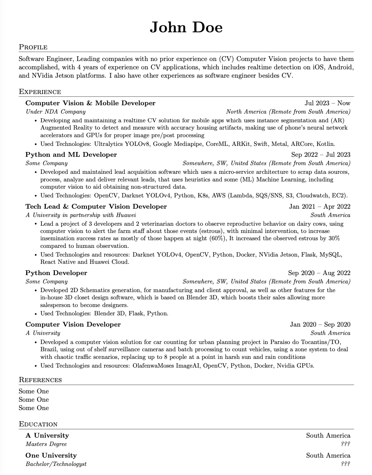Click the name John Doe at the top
pyautogui.click(x=186, y=28)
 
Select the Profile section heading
pyautogui.click(x=33, y=47)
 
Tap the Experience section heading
pyautogui.click(x=40, y=92)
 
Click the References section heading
pyautogui.click(x=40, y=380)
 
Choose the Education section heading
pyautogui.click(x=38, y=424)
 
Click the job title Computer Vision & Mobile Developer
pyautogui.click(x=90, y=103)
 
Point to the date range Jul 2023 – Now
pyautogui.click(x=327, y=103)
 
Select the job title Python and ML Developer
pyautogui.click(x=71, y=155)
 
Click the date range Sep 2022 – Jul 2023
pyautogui.click(x=321, y=155)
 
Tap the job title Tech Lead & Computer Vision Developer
pyautogui.click(x=96, y=206)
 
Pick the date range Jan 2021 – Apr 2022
pyautogui.click(x=320, y=206)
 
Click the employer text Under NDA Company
pyautogui.click(x=56, y=112)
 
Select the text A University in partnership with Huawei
pyautogui.click(x=81, y=215)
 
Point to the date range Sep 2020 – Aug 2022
pyautogui.click(x=319, y=273)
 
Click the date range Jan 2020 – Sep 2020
pyautogui.click(x=320, y=324)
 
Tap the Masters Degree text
pyautogui.click(x=46, y=444)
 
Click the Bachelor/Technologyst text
pyautogui.click(x=56, y=464)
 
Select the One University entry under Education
pyautogui.click(x=51, y=455)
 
